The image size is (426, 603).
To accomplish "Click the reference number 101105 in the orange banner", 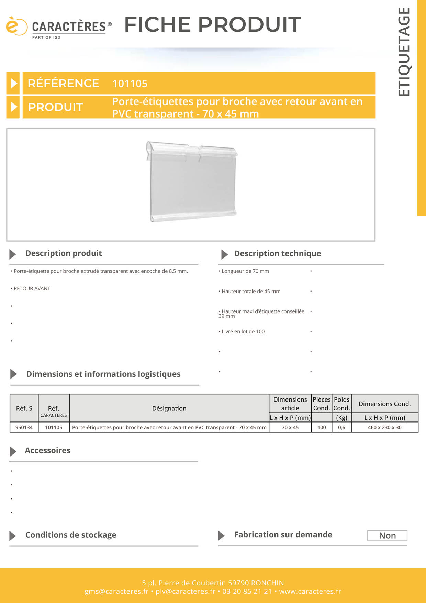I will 130,84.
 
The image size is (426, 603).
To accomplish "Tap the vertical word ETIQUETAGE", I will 404,52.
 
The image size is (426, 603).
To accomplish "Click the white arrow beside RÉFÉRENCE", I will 13,83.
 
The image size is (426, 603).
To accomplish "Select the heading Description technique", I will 277,254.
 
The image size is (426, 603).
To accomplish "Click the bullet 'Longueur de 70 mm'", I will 245,271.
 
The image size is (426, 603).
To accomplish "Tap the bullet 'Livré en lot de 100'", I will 243,332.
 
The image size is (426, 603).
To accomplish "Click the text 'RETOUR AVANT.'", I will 32,289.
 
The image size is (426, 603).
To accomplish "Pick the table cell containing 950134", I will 24,427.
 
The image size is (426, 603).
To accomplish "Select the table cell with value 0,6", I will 341,427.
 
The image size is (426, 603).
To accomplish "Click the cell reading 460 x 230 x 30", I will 384,427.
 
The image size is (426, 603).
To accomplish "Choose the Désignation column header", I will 169,408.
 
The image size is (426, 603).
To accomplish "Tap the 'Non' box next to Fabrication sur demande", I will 387,536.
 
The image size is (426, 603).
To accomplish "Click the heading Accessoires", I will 47,451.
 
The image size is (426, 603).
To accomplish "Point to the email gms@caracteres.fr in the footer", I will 116,591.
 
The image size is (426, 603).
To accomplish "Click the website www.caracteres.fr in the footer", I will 310,591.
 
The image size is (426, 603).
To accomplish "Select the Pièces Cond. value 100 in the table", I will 322,427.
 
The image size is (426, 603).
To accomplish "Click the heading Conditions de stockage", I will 71,535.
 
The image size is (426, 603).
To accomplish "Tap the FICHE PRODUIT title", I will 213,25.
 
